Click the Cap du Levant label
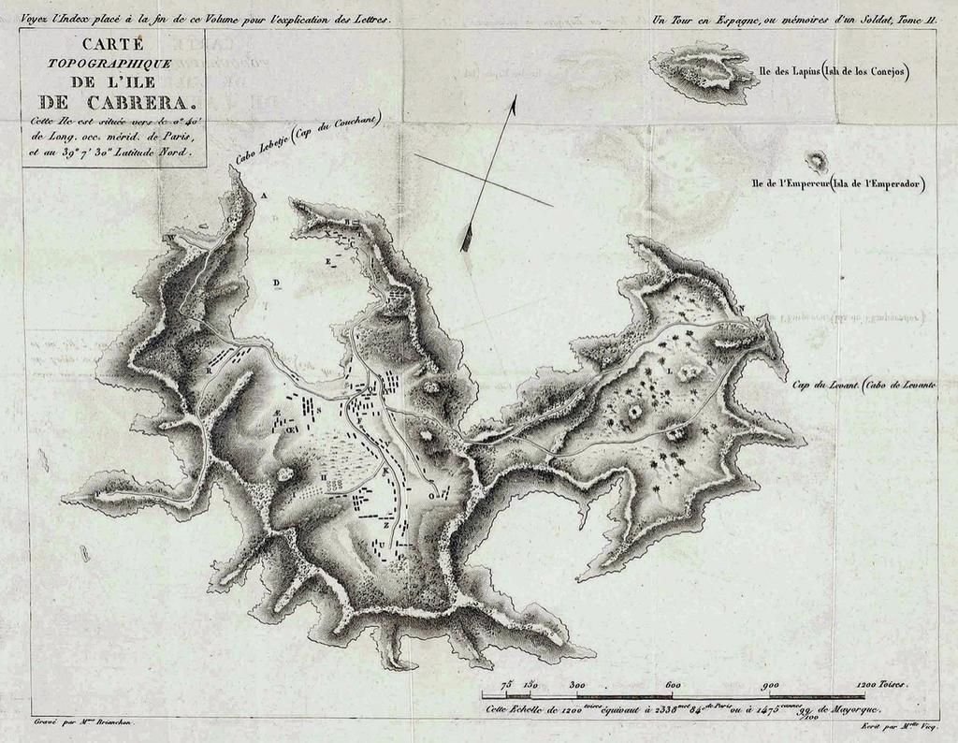(826, 385)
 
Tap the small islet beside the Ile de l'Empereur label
(818, 161)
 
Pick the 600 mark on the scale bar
(672, 685)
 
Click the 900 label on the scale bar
(771, 685)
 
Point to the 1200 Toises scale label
(881, 685)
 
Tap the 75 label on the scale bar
(506, 685)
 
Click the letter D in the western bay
(276, 282)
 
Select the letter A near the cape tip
(264, 196)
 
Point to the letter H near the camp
(324, 476)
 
